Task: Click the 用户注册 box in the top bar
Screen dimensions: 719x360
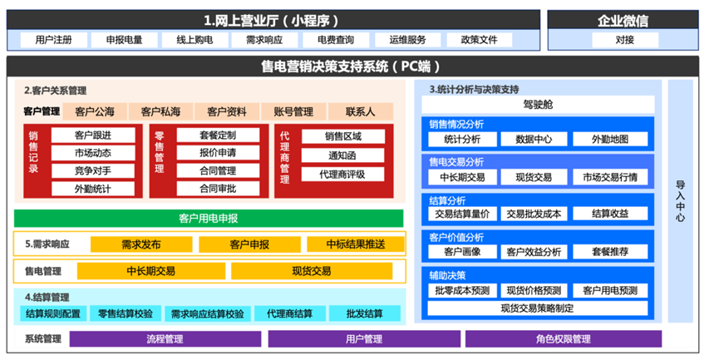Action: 54,40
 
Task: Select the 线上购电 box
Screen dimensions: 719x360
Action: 195,40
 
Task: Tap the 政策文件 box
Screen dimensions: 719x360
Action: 479,40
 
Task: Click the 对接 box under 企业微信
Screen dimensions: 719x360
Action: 625,40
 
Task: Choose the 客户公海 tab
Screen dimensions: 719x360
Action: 95,111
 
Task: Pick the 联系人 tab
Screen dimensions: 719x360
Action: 361,111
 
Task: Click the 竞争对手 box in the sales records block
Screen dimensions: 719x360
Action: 93,170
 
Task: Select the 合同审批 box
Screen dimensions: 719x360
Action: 218,189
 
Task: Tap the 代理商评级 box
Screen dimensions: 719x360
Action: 342,175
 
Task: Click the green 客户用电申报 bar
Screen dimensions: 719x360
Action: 209,219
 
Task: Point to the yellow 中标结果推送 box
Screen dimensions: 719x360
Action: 356,244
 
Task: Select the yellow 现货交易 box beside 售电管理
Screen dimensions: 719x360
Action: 312,271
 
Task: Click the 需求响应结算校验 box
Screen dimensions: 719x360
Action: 208,313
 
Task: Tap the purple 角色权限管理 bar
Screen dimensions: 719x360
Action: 564,339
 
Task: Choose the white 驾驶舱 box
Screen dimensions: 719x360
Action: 538,105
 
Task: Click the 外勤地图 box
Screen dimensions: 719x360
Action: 610,139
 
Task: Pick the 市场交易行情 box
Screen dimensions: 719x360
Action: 610,177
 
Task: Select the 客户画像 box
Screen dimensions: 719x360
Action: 462,252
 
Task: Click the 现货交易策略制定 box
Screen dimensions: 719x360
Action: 538,308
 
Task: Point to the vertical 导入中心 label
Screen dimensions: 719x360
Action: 681,201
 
